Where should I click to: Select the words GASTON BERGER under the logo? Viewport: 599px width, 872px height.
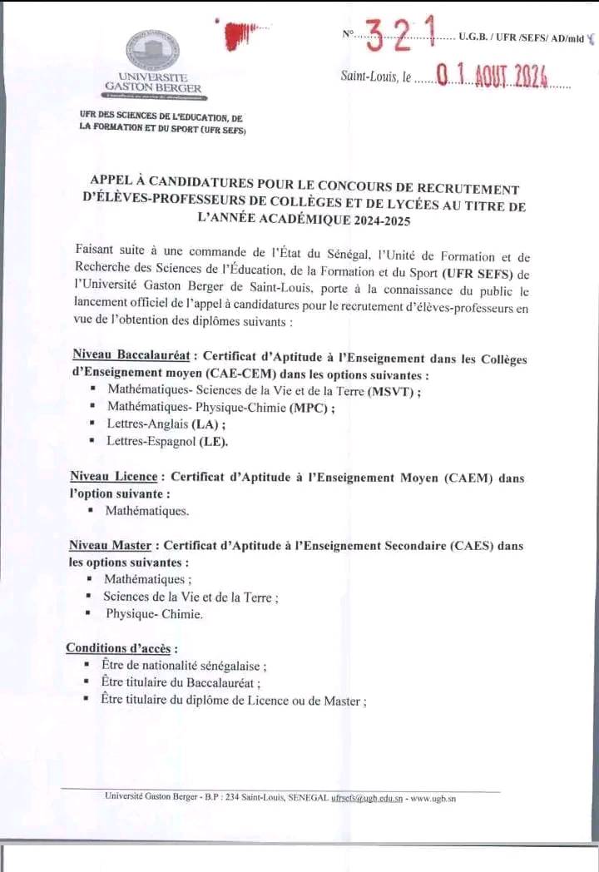(x=153, y=87)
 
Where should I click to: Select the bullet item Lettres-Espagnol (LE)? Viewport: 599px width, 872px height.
(x=166, y=441)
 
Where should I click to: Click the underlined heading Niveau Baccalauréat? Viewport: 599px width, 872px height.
(x=132, y=357)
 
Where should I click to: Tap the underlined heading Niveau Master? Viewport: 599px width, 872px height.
(x=110, y=546)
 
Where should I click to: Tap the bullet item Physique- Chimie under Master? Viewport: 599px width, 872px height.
(x=154, y=614)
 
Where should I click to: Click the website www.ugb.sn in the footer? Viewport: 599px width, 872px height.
(x=433, y=797)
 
